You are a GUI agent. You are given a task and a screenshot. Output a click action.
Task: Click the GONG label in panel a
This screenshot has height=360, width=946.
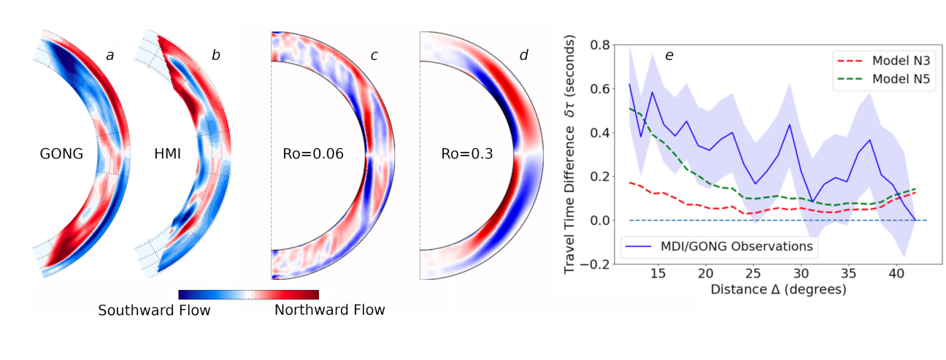tap(61, 154)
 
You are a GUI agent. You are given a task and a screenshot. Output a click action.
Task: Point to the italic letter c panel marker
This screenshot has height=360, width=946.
tap(374, 55)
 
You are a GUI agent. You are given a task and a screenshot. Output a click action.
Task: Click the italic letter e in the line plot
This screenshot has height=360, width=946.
tap(669, 55)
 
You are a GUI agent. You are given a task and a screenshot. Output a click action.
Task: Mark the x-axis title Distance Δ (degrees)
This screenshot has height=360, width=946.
tap(778, 289)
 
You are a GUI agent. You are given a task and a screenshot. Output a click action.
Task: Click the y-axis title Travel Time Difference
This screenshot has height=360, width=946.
tap(570, 156)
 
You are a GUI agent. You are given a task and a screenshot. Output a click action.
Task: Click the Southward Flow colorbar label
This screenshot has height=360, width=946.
tap(154, 310)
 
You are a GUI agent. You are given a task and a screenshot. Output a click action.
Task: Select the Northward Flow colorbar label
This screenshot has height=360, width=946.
tap(329, 310)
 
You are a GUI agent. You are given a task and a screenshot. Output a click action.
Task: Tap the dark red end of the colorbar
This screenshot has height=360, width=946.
tap(314, 294)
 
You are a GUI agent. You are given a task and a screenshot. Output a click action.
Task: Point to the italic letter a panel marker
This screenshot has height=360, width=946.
tap(109, 55)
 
